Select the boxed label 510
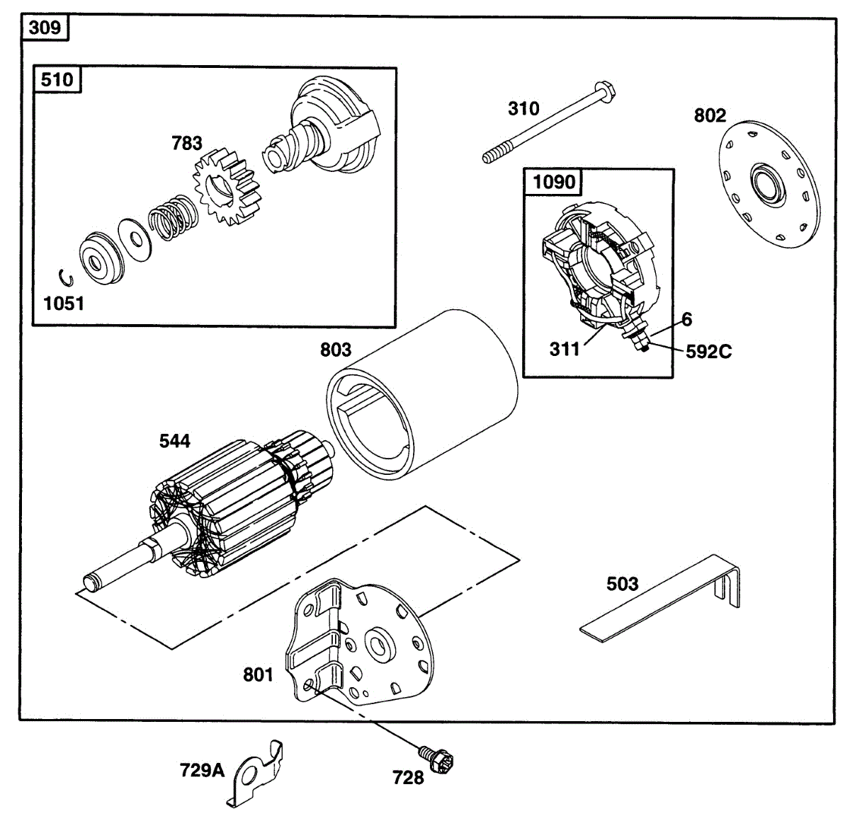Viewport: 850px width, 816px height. (x=57, y=79)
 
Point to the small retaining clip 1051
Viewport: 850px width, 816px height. (x=62, y=277)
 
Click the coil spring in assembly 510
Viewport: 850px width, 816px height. (x=172, y=217)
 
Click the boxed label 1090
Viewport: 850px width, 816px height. (x=554, y=182)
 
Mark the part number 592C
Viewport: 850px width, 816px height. (x=708, y=352)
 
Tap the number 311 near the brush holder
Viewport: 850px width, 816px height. (x=565, y=349)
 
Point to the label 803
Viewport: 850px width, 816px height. (x=336, y=350)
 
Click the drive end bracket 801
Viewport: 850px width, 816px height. (x=361, y=644)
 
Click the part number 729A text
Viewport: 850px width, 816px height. (x=202, y=770)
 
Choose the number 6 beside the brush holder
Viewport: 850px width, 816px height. (x=687, y=320)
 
